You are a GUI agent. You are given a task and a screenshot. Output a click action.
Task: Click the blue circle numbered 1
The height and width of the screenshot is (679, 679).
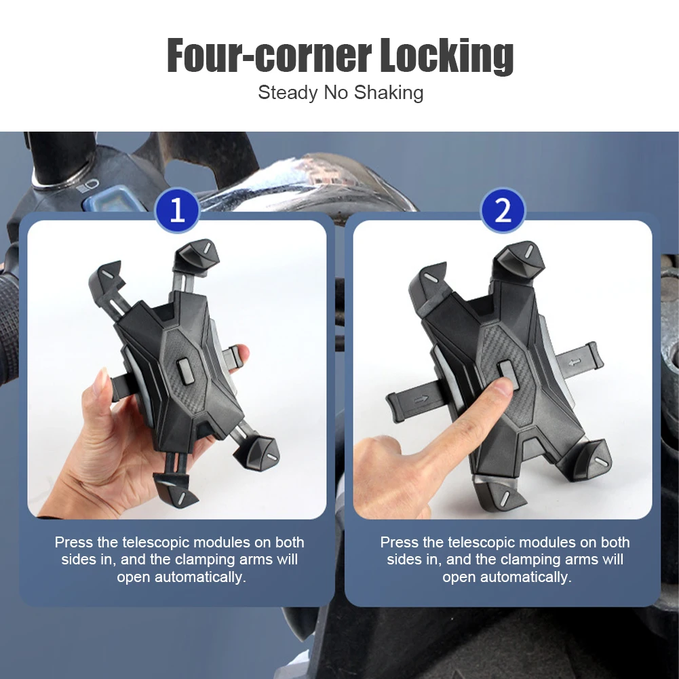[x=177, y=210]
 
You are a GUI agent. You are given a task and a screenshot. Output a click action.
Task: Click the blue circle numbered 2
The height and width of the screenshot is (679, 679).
[x=503, y=210]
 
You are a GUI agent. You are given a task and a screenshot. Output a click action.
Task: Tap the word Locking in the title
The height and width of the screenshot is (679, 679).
[x=447, y=56]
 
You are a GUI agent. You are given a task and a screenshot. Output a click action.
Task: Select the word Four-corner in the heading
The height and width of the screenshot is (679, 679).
[x=269, y=56]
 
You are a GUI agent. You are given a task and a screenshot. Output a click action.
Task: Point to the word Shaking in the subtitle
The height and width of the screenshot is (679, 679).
[x=389, y=93]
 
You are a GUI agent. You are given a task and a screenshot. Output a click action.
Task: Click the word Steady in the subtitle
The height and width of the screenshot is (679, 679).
[x=288, y=93]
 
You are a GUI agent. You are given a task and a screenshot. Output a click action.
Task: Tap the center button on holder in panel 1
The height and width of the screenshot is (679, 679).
[x=185, y=371]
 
